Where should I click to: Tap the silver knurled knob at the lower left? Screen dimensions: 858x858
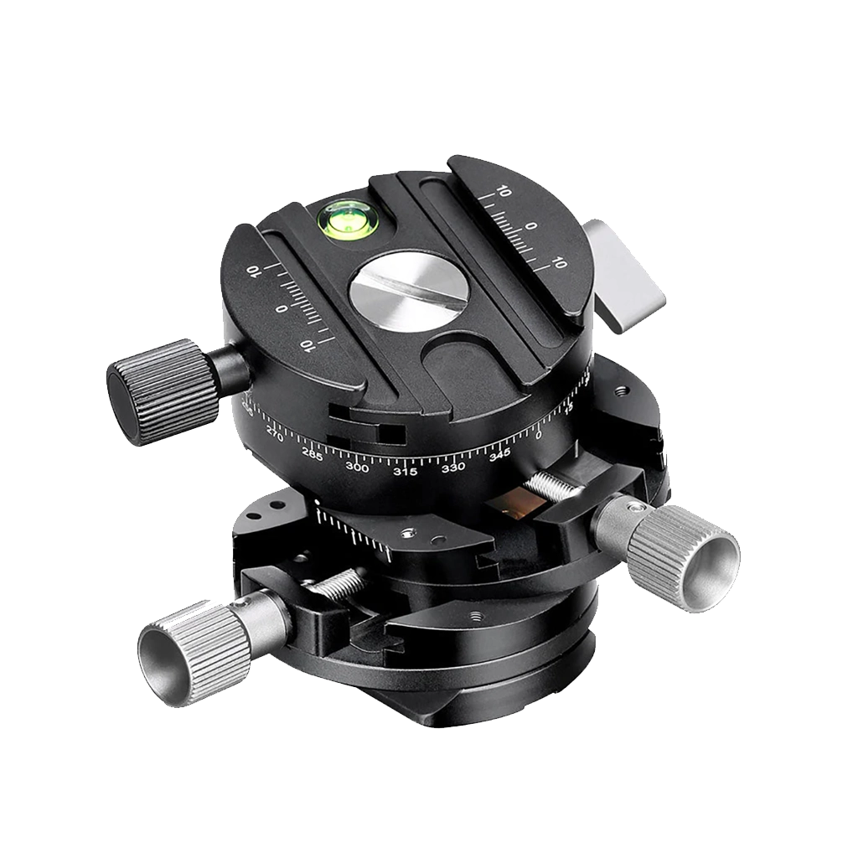(x=177, y=650)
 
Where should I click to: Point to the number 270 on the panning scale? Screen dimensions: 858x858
(x=273, y=432)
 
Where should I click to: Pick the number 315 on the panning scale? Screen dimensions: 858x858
(x=406, y=471)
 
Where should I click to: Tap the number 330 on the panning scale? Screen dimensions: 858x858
(x=453, y=466)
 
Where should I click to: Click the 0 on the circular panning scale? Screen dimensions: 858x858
(x=538, y=435)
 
